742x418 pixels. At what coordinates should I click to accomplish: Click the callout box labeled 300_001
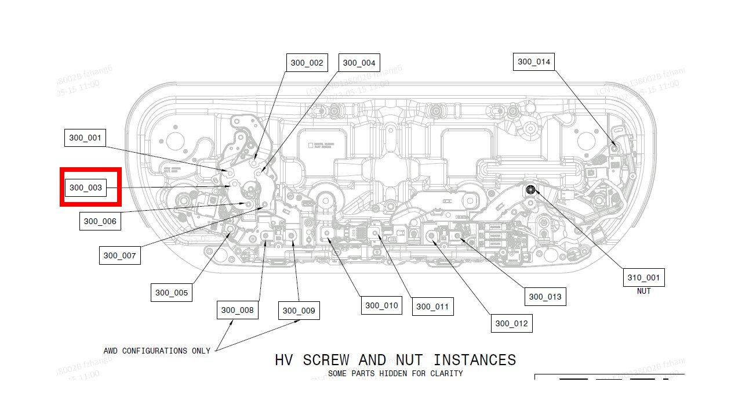[x=85, y=138]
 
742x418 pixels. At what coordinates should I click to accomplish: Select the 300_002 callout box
[x=307, y=63]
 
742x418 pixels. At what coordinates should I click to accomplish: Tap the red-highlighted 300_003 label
[x=86, y=188]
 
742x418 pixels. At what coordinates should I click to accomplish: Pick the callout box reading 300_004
[x=359, y=63]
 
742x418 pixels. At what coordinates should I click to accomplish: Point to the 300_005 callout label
[x=172, y=293]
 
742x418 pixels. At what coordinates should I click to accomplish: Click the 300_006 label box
[x=100, y=221]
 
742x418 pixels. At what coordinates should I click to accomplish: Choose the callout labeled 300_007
[x=119, y=255]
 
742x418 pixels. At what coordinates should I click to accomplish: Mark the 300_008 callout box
[x=237, y=310]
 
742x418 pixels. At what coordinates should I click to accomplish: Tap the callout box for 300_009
[x=299, y=311]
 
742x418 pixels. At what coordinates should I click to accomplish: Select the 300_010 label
[x=381, y=305]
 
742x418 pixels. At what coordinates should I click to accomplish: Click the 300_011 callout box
[x=432, y=307]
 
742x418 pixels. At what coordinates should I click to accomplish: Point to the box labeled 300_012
[x=511, y=323]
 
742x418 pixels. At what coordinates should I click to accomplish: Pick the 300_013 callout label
[x=545, y=297]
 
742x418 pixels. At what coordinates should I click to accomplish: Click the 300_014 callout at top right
[x=534, y=62]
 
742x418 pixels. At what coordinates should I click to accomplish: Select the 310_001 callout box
[x=643, y=278]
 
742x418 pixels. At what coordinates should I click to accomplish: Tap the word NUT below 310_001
[x=643, y=291]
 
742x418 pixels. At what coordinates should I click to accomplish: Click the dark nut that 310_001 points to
[x=530, y=189]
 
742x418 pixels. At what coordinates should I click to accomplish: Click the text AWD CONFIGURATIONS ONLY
[x=157, y=351]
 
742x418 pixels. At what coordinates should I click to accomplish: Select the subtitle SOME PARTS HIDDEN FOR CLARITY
[x=395, y=373]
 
